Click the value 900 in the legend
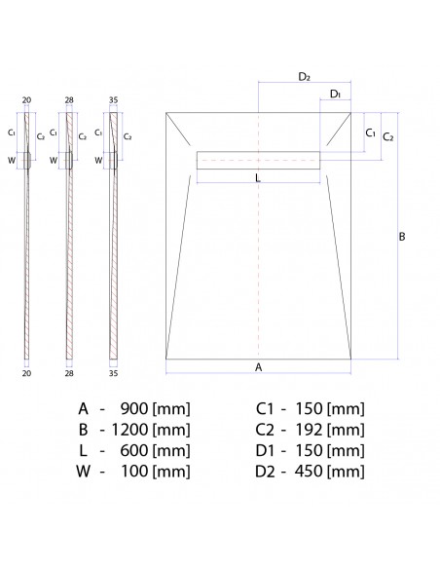(134, 407)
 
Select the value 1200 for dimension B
(130, 429)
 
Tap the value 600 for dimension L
(134, 450)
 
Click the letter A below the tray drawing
(258, 367)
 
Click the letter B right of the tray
(402, 236)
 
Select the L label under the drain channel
(257, 178)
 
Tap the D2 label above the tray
(304, 76)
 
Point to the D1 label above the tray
(335, 94)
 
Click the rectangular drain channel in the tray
(259, 160)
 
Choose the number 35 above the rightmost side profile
(115, 100)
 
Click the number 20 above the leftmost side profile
(26, 100)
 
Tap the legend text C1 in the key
(265, 407)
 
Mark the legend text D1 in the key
(265, 450)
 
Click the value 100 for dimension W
(134, 472)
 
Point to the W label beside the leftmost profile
(13, 159)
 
